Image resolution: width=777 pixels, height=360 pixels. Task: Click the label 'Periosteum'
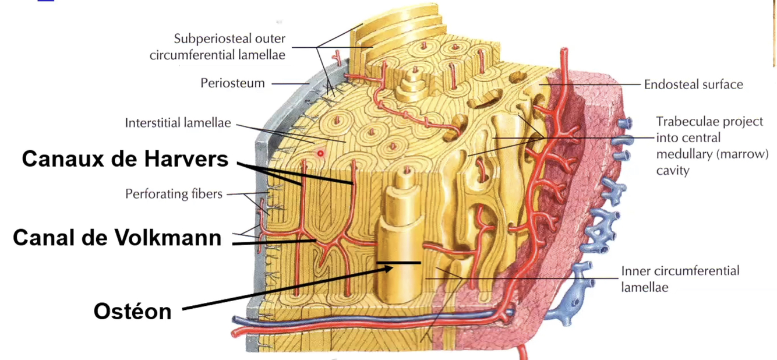[x=232, y=83]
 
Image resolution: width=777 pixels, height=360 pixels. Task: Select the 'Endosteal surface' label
[x=693, y=84]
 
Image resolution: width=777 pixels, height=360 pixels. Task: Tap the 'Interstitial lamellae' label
[x=178, y=123]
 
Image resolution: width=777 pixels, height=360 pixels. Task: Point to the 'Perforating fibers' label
[x=174, y=193]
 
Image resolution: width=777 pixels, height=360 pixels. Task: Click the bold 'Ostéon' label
[x=132, y=311]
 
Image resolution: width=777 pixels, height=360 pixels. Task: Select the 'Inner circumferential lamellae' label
[x=680, y=278]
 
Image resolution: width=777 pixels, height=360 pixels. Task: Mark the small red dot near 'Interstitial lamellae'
[x=320, y=153]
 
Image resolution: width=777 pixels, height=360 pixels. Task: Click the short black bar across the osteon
[x=398, y=263]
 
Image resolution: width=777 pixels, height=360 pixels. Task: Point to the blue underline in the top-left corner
[x=46, y=1]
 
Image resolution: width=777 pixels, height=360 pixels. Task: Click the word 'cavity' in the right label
[x=673, y=171]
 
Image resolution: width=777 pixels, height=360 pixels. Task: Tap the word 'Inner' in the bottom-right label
[x=635, y=271]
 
